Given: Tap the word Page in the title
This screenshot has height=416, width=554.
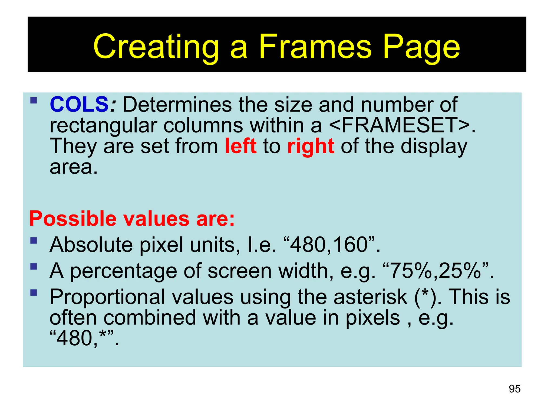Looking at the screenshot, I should [421, 48].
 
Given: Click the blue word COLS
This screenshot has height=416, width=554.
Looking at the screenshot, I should [79, 105].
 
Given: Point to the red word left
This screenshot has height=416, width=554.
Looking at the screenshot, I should [241, 146].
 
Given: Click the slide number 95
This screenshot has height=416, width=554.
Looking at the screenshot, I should [515, 389].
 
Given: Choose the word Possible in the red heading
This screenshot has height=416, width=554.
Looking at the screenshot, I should [73, 219].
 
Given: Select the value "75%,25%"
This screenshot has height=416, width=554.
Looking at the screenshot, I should [436, 271].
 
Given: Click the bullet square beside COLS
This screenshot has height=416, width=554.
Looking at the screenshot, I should [34, 101].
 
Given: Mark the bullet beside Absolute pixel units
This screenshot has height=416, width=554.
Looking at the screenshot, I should [34, 241].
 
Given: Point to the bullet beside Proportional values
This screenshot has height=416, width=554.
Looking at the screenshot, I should [34, 293].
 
